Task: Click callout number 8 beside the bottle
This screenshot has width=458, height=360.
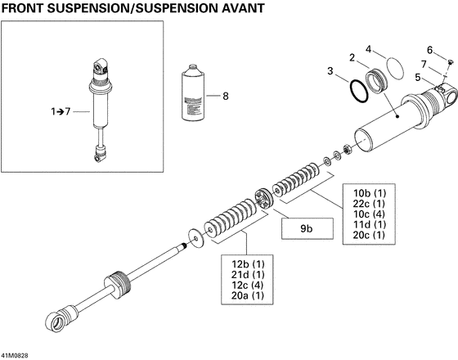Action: pos(226,96)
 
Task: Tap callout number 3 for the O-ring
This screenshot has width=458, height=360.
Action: pos(330,72)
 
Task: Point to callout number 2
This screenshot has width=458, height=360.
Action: pos(352,58)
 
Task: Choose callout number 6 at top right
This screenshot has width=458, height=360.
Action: pos(429,50)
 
